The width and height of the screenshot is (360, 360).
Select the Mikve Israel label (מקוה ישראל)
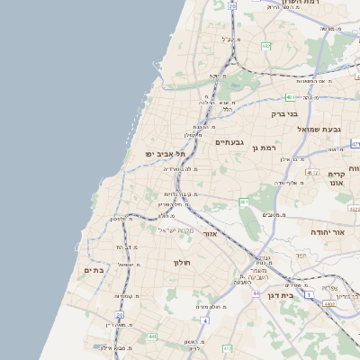(175, 230)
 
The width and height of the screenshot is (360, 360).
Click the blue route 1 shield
(309, 295)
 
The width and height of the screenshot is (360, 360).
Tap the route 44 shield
(256, 293)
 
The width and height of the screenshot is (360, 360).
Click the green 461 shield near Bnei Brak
(291, 96)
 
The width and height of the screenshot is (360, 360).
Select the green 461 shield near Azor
(244, 202)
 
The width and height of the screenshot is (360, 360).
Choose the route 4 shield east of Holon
(205, 320)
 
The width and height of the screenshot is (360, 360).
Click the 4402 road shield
(329, 304)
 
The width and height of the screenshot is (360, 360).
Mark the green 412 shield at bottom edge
(228, 347)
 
